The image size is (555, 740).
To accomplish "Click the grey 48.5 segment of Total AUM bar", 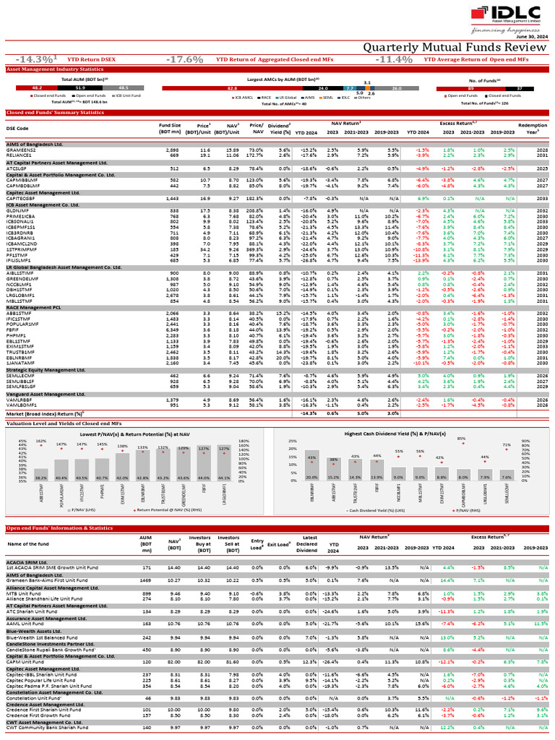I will (x=124, y=87).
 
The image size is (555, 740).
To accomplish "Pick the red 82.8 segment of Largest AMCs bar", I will (x=231, y=87).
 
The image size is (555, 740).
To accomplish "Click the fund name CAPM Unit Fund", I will (x=26, y=661).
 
